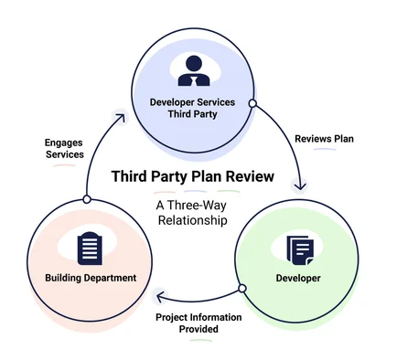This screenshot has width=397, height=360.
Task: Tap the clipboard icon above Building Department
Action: [89, 247]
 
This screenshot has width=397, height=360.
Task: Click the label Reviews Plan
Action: [325, 139]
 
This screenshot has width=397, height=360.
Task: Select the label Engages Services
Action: [64, 148]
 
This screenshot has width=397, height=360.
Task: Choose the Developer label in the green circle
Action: [298, 278]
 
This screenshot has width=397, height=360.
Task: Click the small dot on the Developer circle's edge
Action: [242, 289]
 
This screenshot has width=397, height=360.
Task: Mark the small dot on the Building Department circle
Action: [86, 199]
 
